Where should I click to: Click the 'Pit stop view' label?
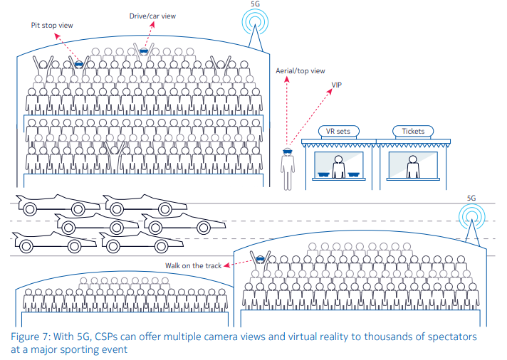coord(51,26)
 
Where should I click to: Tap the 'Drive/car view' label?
coord(152,15)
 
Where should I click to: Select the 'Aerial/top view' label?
coord(300,70)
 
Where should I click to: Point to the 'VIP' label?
coord(336,84)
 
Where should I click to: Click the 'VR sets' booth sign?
coord(338,131)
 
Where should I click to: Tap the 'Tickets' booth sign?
coord(413,131)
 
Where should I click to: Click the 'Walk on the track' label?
coord(193,265)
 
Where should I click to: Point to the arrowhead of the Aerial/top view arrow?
coord(287,79)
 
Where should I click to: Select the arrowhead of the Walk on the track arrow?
coord(224,266)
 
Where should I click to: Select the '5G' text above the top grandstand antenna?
coord(255,4)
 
